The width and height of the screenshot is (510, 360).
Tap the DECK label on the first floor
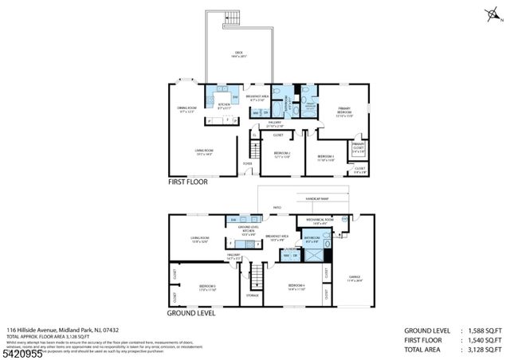click(238, 53)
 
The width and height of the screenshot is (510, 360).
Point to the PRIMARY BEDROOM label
click(344, 109)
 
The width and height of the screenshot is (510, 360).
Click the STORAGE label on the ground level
click(253, 295)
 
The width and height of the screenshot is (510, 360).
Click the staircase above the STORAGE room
click(256, 276)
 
